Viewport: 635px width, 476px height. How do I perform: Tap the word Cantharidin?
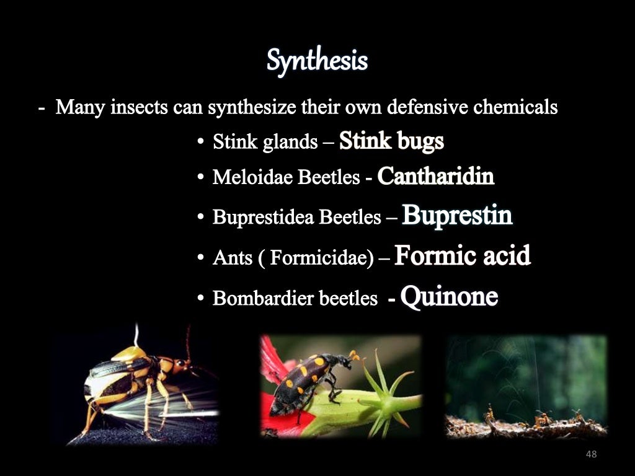435,177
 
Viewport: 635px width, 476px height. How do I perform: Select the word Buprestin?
457,216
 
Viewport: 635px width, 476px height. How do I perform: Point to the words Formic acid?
462,255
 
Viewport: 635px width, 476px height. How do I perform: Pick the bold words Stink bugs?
391,141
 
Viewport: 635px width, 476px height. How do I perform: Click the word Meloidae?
253,178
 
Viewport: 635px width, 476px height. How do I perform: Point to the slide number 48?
590,455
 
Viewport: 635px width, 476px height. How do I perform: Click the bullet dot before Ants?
201,258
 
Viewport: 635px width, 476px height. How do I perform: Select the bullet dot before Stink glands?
201,143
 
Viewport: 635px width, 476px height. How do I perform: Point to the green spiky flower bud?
384,397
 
